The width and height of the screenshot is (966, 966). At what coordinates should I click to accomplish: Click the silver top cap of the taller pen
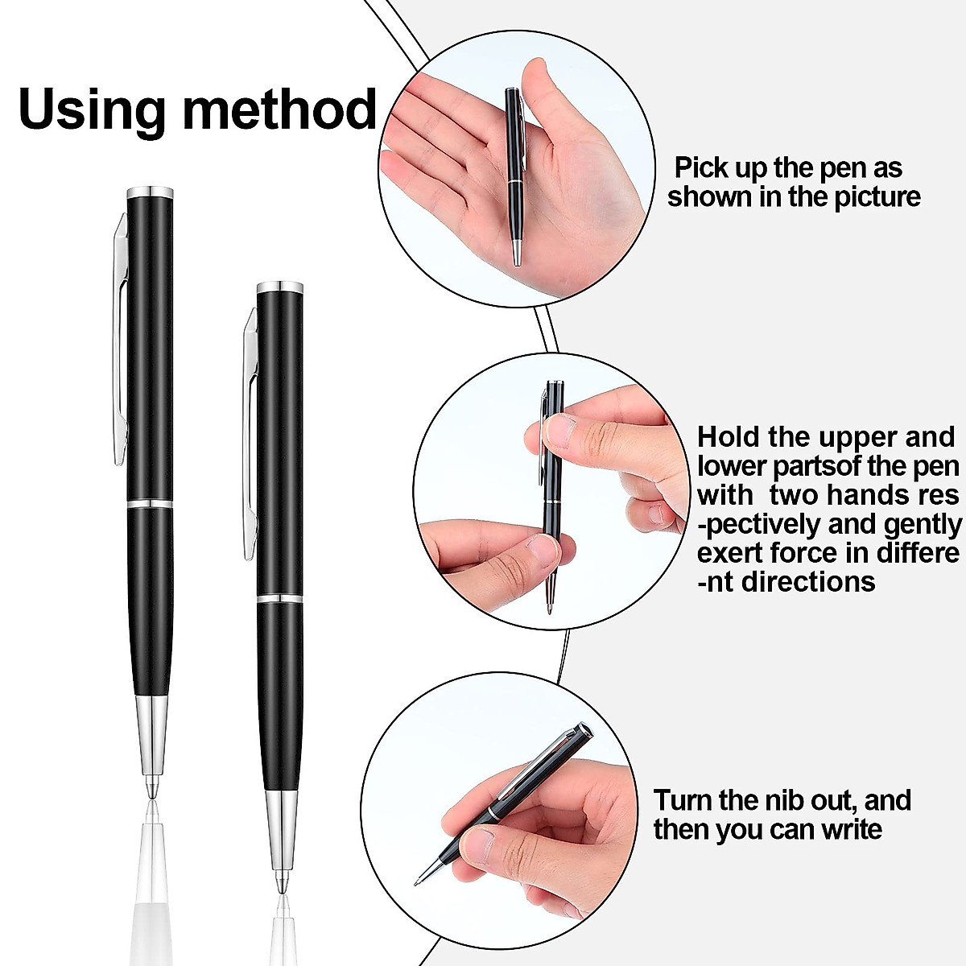[x=151, y=192]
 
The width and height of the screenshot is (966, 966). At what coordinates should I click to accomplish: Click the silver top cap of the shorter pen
[x=279, y=287]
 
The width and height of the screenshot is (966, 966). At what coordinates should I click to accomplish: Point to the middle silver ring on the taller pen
[x=151, y=504]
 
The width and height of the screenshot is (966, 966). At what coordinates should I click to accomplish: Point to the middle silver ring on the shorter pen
[x=279, y=599]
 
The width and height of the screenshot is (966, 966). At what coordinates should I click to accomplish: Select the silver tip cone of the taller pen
[x=151, y=737]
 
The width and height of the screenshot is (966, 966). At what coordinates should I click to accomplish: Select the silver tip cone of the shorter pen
[x=279, y=829]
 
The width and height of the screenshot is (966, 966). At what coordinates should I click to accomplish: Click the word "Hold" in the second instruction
[x=729, y=437]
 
